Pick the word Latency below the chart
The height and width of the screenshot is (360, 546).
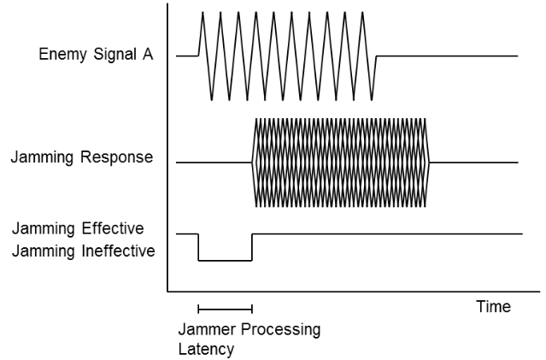[205, 349]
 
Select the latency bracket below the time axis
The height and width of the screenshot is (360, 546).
[225, 308]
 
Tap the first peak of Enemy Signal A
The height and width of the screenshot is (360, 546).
[203, 13]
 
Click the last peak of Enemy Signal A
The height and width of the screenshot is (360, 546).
[363, 13]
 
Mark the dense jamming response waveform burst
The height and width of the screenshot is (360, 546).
[342, 162]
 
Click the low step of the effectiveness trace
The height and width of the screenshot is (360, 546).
[225, 260]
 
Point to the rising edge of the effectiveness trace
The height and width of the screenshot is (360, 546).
[252, 246]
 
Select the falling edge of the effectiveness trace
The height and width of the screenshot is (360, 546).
[198, 246]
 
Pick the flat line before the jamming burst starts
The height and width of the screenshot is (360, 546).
[214, 162]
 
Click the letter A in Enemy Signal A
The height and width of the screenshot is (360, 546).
[148, 56]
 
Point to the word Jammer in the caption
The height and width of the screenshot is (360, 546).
[205, 330]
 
